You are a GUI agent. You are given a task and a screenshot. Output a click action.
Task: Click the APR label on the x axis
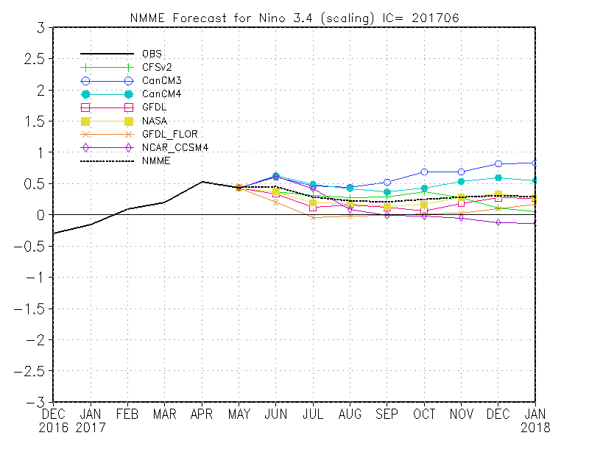[201, 415]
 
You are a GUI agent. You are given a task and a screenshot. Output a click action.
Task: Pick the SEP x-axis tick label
[387, 415]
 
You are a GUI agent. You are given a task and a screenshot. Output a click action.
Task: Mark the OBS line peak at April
[202, 181]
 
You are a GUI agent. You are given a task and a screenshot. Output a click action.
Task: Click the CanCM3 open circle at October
[423, 172]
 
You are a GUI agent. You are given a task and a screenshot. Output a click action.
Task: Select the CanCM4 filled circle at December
[498, 177]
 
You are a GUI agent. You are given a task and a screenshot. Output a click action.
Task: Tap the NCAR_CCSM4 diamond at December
[498, 222]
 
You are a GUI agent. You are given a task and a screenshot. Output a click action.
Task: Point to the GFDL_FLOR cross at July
[312, 217]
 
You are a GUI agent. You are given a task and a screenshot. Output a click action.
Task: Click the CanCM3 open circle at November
[461, 172]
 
